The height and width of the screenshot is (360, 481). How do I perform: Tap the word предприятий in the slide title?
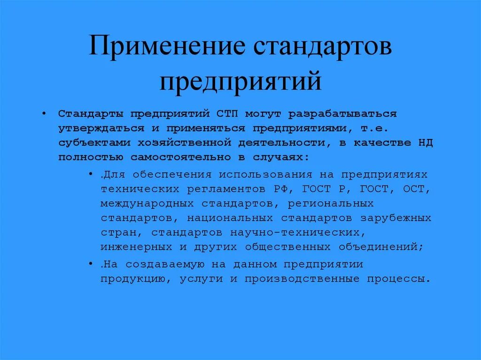(240, 80)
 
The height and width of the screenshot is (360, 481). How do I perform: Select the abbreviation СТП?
(228, 114)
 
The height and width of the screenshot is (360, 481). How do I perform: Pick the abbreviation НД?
(425, 143)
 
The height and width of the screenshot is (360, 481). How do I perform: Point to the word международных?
(147, 203)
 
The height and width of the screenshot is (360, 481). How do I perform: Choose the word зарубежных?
(396, 218)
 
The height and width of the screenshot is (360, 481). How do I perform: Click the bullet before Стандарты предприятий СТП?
(44, 114)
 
